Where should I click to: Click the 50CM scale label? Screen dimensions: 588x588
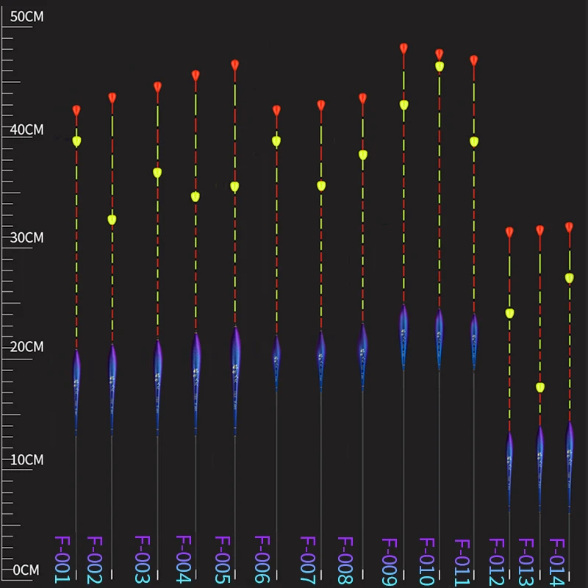(x=26, y=16)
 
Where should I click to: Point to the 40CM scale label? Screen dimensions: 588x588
(x=26, y=130)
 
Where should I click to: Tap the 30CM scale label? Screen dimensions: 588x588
(x=26, y=238)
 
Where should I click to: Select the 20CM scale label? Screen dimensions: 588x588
(x=26, y=346)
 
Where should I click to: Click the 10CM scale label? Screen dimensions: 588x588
(x=26, y=460)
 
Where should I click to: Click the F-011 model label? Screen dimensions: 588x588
(x=462, y=563)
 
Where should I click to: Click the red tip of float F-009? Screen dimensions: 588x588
(x=404, y=49)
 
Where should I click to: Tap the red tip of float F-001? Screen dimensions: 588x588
(x=76, y=111)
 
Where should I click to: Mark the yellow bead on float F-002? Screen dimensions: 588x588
(x=112, y=219)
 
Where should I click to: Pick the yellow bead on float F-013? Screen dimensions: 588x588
(x=540, y=387)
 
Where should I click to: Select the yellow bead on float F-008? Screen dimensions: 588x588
(x=362, y=155)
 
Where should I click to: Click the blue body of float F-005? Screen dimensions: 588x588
(x=235, y=360)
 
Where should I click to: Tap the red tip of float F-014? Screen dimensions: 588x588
(x=569, y=227)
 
